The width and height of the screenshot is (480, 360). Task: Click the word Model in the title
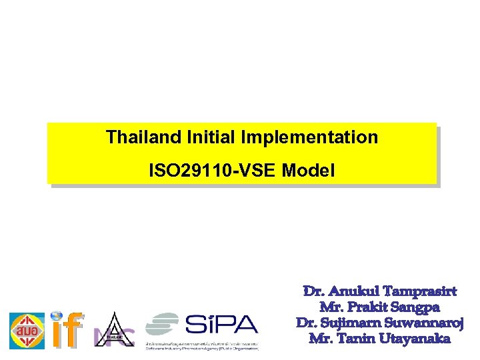[309, 171]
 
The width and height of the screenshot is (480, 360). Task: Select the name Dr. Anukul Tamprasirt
[379, 292]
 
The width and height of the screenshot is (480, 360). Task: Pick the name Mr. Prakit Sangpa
[379, 307]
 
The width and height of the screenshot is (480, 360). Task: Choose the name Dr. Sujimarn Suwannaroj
[379, 323]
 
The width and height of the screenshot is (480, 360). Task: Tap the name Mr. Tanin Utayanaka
[379, 338]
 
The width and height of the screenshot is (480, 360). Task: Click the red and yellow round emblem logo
[27, 331]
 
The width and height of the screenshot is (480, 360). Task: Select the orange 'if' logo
[66, 331]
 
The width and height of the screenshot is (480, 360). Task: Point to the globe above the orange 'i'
[57, 317]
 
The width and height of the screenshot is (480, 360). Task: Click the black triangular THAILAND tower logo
[112, 330]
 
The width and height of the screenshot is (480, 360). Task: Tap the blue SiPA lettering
[221, 325]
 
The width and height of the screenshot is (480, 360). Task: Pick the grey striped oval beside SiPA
[163, 325]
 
